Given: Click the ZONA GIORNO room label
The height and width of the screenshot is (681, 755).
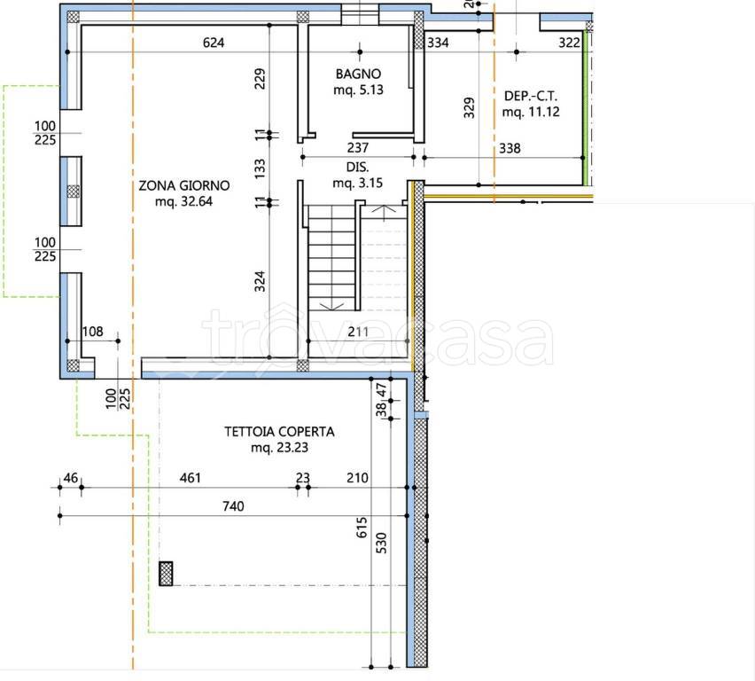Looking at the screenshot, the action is pyautogui.click(x=184, y=185).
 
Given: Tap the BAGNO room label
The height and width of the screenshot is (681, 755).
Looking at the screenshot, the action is pyautogui.click(x=358, y=74).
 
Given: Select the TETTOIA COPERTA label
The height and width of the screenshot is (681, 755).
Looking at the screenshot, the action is pyautogui.click(x=279, y=431).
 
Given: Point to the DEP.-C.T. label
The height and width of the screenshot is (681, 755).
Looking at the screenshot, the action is pyautogui.click(x=531, y=96).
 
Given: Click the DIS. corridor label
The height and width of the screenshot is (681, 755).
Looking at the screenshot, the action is pyautogui.click(x=357, y=167).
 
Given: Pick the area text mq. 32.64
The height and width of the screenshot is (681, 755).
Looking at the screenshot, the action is pyautogui.click(x=183, y=201).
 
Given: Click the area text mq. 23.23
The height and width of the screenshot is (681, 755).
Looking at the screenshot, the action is pyautogui.click(x=279, y=447).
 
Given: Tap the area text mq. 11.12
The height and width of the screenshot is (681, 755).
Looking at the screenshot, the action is pyautogui.click(x=531, y=112).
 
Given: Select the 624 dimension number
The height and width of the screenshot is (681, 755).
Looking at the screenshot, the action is pyautogui.click(x=214, y=43).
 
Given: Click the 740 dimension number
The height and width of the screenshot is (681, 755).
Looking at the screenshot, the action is pyautogui.click(x=233, y=506).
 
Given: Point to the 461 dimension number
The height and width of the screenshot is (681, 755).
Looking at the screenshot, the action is pyautogui.click(x=191, y=478).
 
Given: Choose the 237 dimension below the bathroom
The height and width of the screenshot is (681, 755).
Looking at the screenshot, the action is pyautogui.click(x=358, y=147).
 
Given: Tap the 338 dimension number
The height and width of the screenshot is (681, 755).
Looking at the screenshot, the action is pyautogui.click(x=510, y=148).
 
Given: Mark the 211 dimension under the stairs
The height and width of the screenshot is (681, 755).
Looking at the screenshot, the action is pyautogui.click(x=358, y=332).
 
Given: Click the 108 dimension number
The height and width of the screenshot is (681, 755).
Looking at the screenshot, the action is pyautogui.click(x=92, y=332).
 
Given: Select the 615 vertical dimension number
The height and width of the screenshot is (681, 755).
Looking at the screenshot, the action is pyautogui.click(x=362, y=528).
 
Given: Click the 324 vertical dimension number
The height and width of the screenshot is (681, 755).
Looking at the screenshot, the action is pyautogui.click(x=260, y=281).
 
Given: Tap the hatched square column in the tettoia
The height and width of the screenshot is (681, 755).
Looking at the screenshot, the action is pyautogui.click(x=166, y=574).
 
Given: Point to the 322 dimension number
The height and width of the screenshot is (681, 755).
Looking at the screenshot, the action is pyautogui.click(x=569, y=43).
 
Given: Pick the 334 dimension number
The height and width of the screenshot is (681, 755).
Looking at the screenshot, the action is pyautogui.click(x=438, y=43).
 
